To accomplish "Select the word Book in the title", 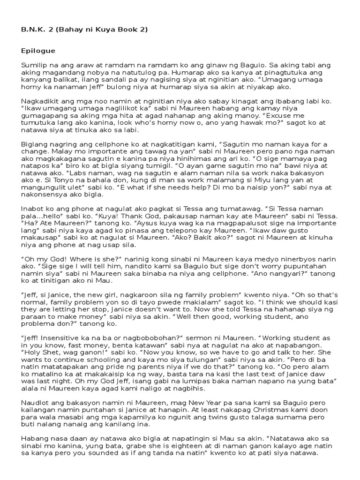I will (x=119, y=30).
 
